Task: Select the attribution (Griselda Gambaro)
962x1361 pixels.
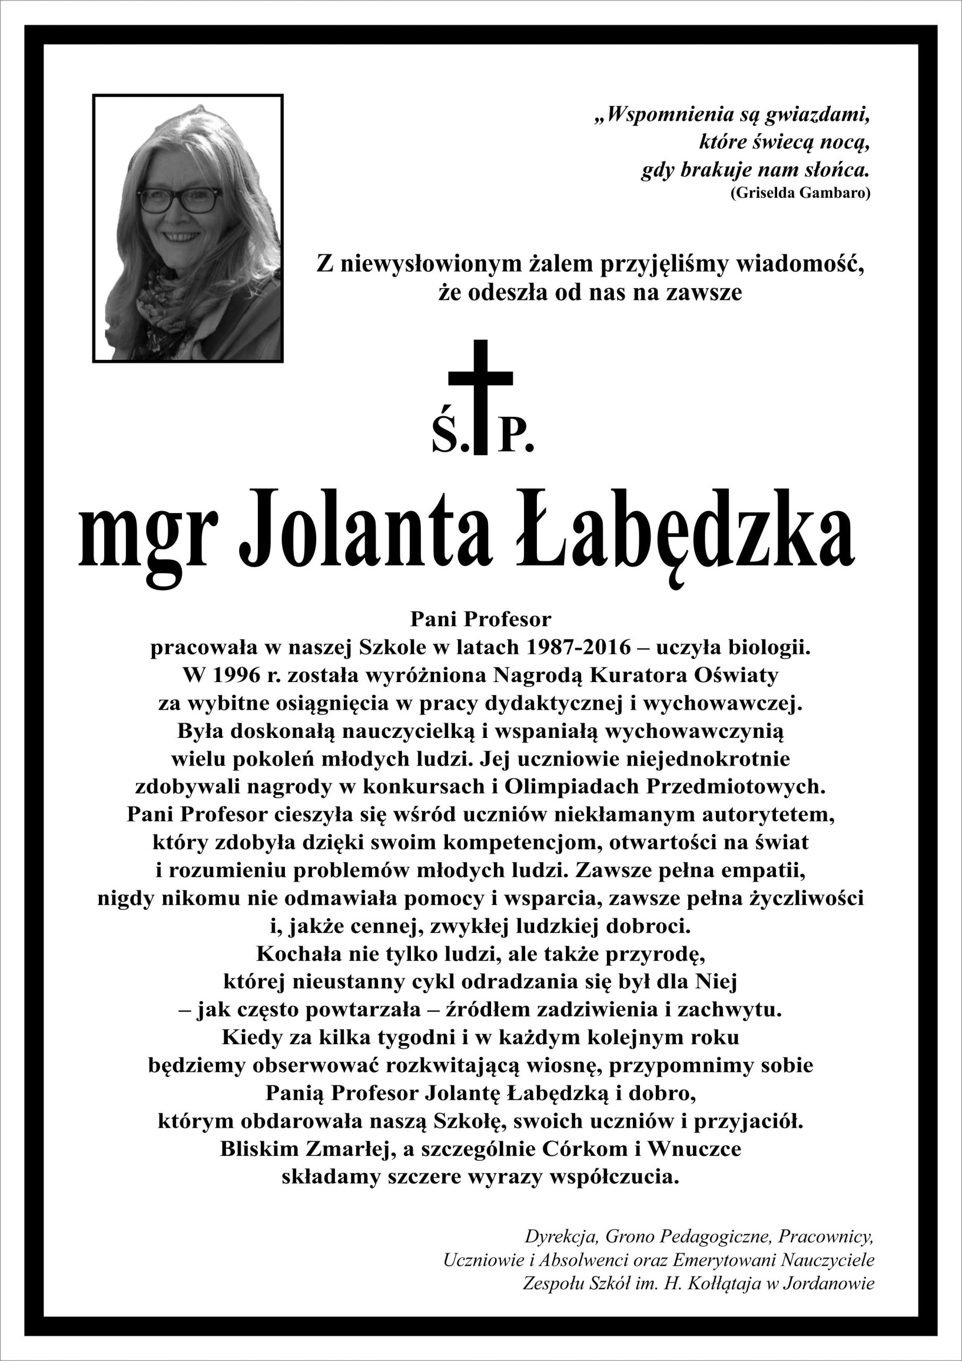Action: point(800,193)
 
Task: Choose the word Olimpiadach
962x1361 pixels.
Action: point(572,787)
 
